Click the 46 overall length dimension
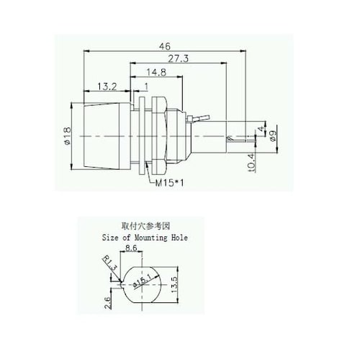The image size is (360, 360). click(x=165, y=46)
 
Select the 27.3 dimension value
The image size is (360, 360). click(x=179, y=58)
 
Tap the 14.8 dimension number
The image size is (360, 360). click(x=156, y=72)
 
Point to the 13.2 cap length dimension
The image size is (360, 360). click(x=107, y=86)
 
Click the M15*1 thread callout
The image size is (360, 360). click(x=170, y=184)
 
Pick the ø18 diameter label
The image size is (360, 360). click(x=68, y=136)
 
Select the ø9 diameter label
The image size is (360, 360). click(x=273, y=136)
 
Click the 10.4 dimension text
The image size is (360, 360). click(x=251, y=163)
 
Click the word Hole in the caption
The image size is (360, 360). click(x=179, y=238)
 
